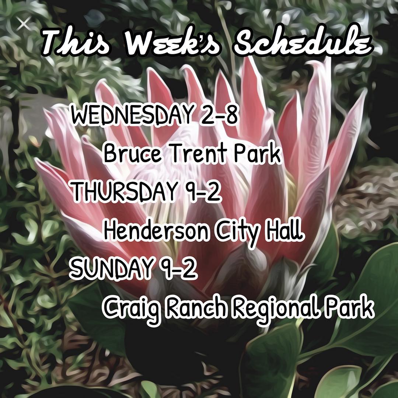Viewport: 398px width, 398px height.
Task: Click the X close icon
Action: [24, 24]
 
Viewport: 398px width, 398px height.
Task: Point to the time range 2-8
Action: [218, 115]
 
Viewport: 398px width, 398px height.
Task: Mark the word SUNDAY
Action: [110, 268]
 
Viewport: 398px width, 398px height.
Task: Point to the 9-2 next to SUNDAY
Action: [177, 268]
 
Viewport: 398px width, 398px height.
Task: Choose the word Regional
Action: [274, 309]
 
